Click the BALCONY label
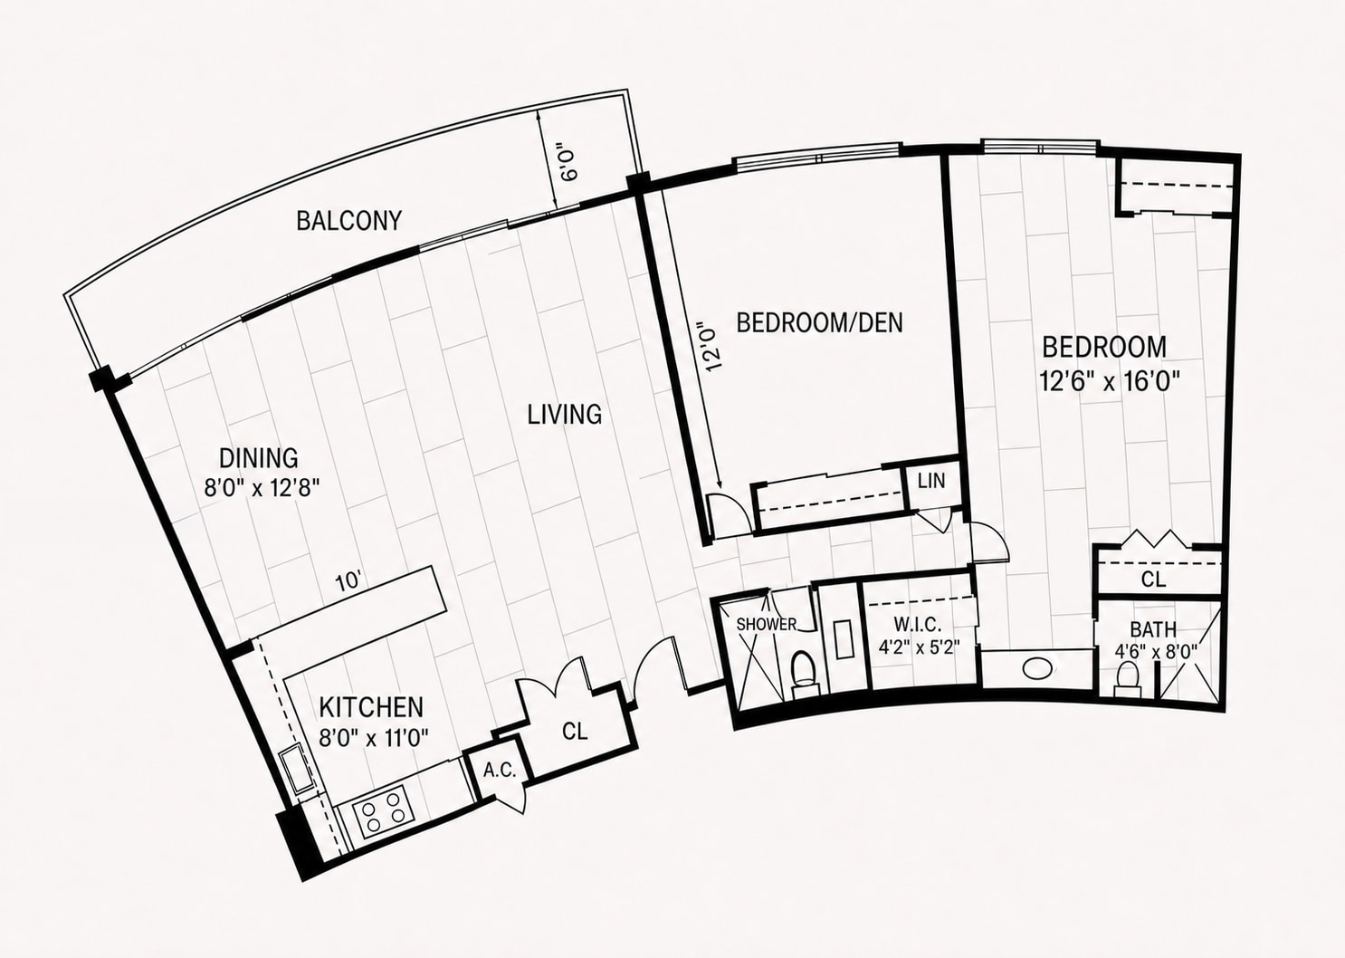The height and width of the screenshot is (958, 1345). coord(348,220)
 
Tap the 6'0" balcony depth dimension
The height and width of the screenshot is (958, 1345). coord(568,161)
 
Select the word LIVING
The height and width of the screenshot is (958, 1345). coord(565,415)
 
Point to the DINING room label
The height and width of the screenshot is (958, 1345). coord(258,458)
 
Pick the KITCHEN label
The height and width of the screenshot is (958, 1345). coord(371,707)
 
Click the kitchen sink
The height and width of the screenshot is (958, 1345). coord(295,771)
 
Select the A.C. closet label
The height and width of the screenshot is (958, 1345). coord(500,771)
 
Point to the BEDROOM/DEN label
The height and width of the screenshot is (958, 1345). coord(820,323)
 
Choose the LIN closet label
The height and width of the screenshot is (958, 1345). coord(932,481)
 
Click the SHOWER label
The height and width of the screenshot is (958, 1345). coord(766,624)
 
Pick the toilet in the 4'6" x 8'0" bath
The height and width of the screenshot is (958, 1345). coord(1127,679)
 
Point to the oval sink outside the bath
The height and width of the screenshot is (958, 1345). coord(1036,668)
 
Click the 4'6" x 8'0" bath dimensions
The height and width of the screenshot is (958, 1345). coord(1156,650)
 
